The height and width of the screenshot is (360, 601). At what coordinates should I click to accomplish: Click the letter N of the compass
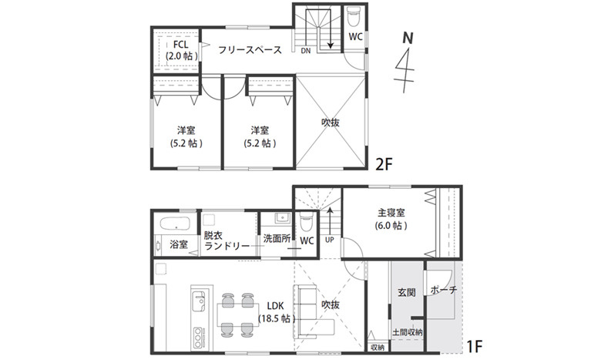[408, 39]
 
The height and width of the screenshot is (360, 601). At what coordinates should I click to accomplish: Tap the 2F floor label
[384, 164]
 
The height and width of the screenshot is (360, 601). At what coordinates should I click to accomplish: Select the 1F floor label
[475, 347]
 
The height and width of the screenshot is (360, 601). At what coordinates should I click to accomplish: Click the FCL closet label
[180, 45]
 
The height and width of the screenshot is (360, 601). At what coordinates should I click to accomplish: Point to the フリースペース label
[250, 50]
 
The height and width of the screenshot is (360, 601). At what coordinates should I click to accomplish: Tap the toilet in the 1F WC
[306, 221]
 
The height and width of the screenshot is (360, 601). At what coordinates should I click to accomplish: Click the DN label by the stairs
[305, 51]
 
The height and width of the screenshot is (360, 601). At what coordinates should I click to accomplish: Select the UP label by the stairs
[329, 240]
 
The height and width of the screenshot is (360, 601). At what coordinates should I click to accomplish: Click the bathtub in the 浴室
[175, 224]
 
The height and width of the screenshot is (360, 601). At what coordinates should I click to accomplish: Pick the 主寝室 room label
[391, 213]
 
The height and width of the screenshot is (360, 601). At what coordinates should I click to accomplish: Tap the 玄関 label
[406, 292]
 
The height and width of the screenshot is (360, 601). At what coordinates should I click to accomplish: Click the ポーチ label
[444, 290]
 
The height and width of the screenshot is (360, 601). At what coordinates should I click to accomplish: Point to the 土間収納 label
[408, 332]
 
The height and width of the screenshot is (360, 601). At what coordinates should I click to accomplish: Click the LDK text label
[275, 306]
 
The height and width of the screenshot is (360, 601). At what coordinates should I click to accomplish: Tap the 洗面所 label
[277, 238]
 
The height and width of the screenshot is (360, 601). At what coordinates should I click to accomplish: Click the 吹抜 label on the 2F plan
[331, 123]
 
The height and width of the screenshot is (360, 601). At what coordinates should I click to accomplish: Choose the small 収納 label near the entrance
[378, 348]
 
